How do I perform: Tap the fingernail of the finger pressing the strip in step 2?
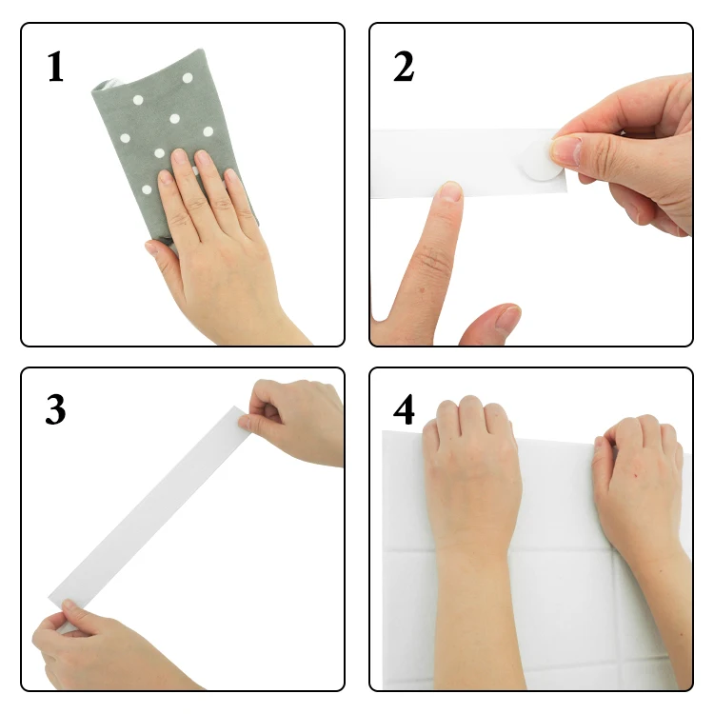click(448, 191)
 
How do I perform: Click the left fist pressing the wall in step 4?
click(471, 466)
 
